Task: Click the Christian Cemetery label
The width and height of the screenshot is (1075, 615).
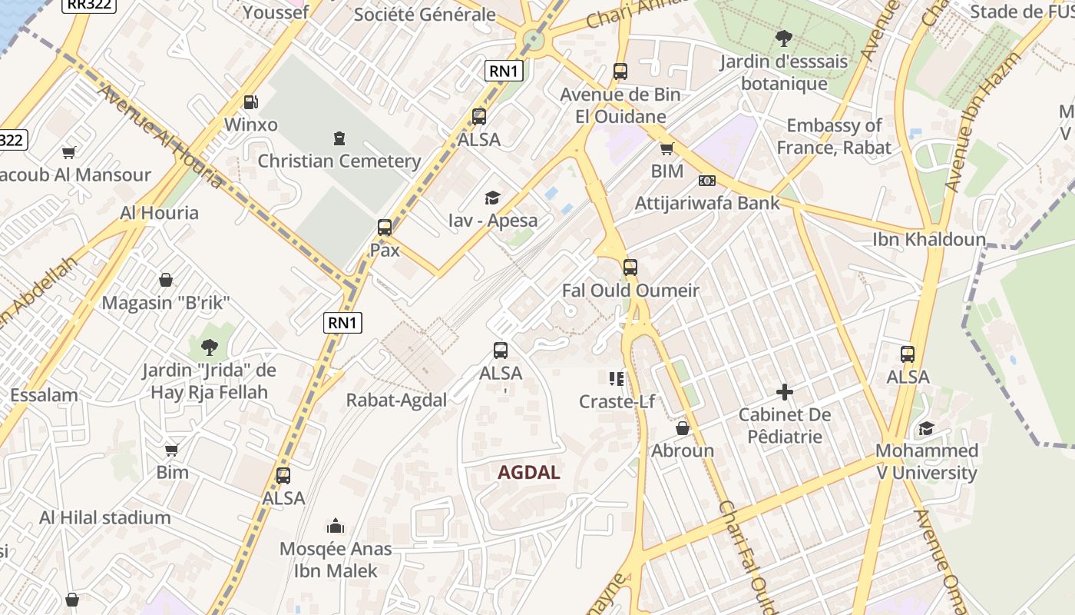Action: click(339, 161)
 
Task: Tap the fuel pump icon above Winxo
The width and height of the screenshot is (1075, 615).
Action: click(250, 101)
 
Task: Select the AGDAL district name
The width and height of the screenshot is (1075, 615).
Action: click(529, 472)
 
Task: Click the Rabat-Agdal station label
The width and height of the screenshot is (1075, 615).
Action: click(396, 400)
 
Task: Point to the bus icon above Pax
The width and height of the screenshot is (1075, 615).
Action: click(385, 228)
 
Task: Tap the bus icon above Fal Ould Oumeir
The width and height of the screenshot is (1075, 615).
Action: click(630, 268)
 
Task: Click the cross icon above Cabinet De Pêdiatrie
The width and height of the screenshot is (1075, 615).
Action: click(784, 392)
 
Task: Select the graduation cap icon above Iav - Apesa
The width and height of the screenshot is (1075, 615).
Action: click(492, 198)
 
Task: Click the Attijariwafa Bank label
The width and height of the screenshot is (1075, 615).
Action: click(707, 203)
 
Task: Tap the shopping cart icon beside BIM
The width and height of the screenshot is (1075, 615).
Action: click(666, 148)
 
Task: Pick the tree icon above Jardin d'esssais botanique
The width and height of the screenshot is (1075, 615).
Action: click(783, 38)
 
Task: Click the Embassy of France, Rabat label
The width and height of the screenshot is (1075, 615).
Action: click(834, 136)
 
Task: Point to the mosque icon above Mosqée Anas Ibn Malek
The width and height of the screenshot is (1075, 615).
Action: click(336, 526)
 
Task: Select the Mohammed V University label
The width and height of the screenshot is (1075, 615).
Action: click(927, 461)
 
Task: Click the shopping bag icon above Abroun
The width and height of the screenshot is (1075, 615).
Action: click(683, 428)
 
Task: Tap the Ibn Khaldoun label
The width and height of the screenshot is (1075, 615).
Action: click(928, 240)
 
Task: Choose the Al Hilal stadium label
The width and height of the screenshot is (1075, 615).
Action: click(105, 517)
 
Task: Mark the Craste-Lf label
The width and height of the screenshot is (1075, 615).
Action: click(617, 401)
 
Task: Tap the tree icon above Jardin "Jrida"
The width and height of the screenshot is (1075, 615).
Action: click(209, 347)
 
